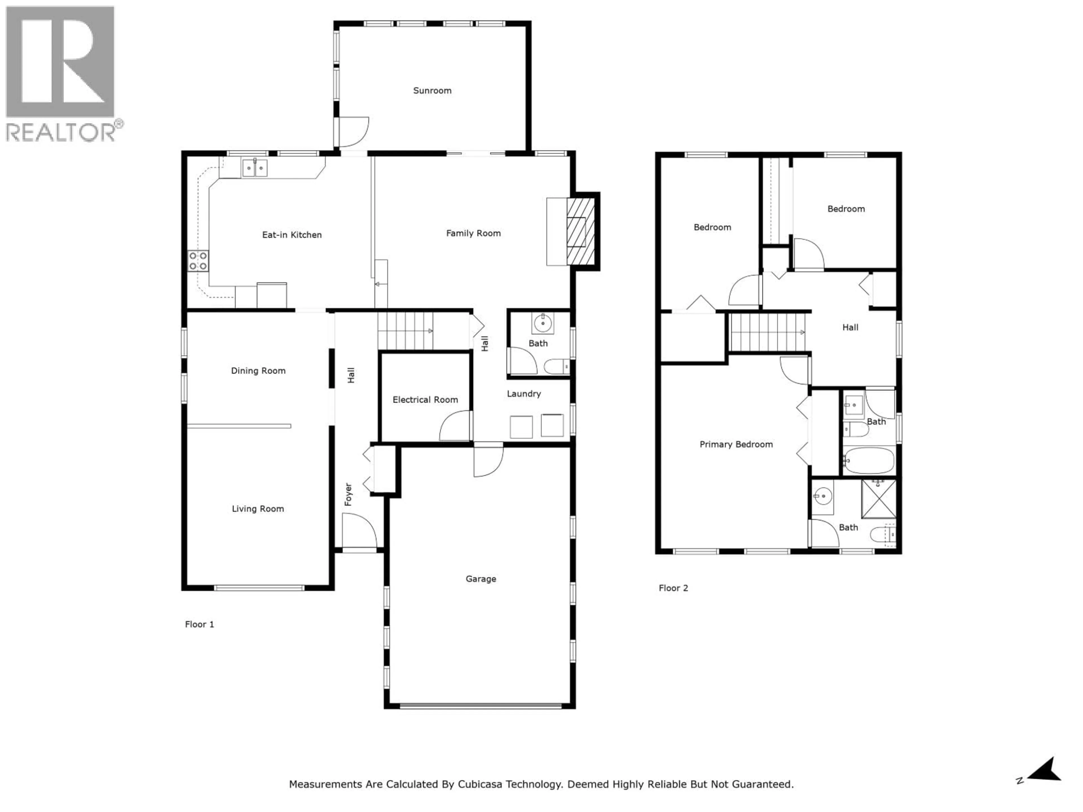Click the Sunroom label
tap(432, 91)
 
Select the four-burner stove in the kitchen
tap(198, 261)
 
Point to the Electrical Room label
tap(425, 400)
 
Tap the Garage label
tap(480, 579)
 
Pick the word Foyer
tap(348, 494)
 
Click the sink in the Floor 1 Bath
tap(542, 323)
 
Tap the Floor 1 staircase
tap(405, 331)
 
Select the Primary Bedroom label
tap(736, 444)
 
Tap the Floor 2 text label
tap(673, 588)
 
